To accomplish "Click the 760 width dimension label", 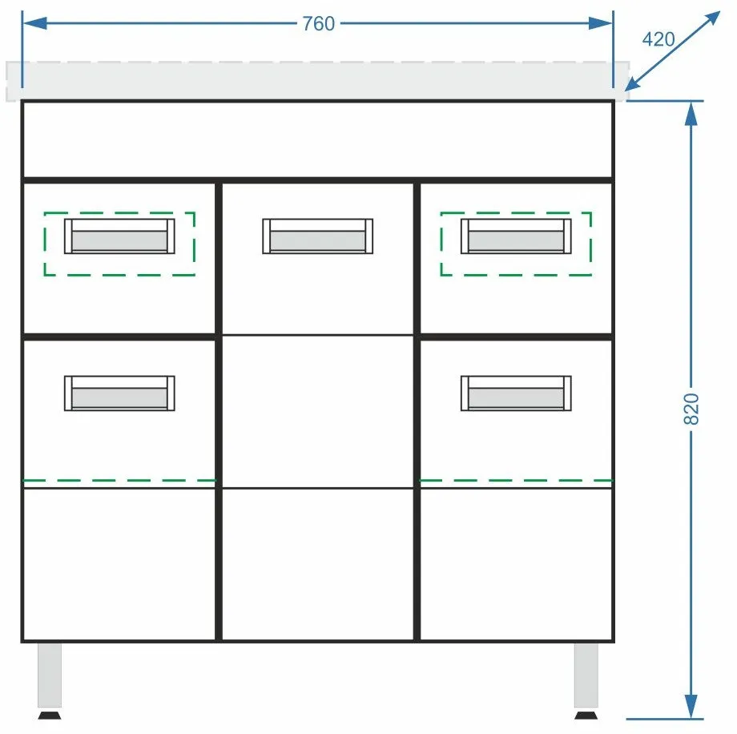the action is pos(318,23).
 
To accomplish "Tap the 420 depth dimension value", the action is pos(658,39).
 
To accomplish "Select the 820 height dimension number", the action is pos(691,409).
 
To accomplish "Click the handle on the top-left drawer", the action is pos(119,236).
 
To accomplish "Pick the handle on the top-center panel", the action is pos(318,236).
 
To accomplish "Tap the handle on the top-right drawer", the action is pos(516,236).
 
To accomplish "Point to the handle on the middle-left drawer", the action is pos(119,393).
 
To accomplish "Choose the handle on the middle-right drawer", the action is pos(516,393).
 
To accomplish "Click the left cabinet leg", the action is pos(50,675).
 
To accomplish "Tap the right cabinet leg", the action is pos(586,675).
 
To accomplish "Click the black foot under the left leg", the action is pos(50,716).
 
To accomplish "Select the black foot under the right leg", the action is pos(586,716).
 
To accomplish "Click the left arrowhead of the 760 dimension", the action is pos(34,23).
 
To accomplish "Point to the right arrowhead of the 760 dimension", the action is pos(601,23).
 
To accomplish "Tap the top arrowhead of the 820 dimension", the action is pos(691,113).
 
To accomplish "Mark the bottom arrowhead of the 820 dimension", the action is pos(691,706).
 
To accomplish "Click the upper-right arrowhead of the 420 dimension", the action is pos(711,20).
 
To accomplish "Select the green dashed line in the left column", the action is pos(119,480).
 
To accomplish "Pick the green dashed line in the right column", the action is pos(516,480).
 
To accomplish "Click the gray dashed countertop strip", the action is pos(318,81).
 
